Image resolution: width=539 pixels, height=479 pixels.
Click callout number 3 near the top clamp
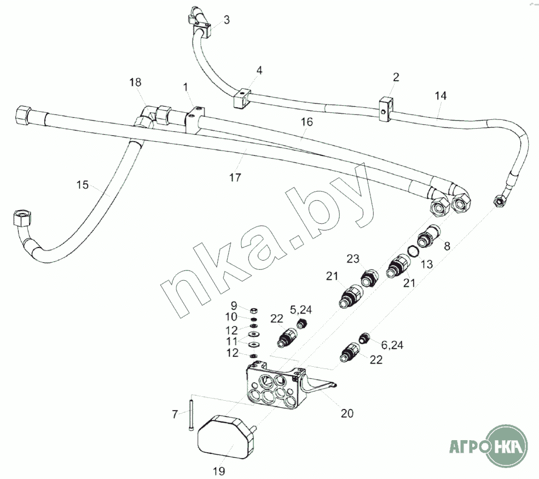point(227,20)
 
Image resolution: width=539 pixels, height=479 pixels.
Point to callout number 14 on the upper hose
point(441,96)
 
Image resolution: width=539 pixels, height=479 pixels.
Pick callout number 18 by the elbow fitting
point(136,82)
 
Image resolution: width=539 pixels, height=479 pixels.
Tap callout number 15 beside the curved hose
point(83,184)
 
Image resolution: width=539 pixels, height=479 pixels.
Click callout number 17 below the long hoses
point(235,177)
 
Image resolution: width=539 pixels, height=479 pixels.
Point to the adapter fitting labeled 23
point(370,276)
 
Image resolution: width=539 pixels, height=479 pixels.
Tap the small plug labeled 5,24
point(302,324)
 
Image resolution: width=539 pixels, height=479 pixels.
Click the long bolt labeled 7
point(191,412)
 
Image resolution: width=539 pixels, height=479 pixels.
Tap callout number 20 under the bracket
point(347,413)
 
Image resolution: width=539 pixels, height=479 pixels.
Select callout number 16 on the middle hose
point(307,122)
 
